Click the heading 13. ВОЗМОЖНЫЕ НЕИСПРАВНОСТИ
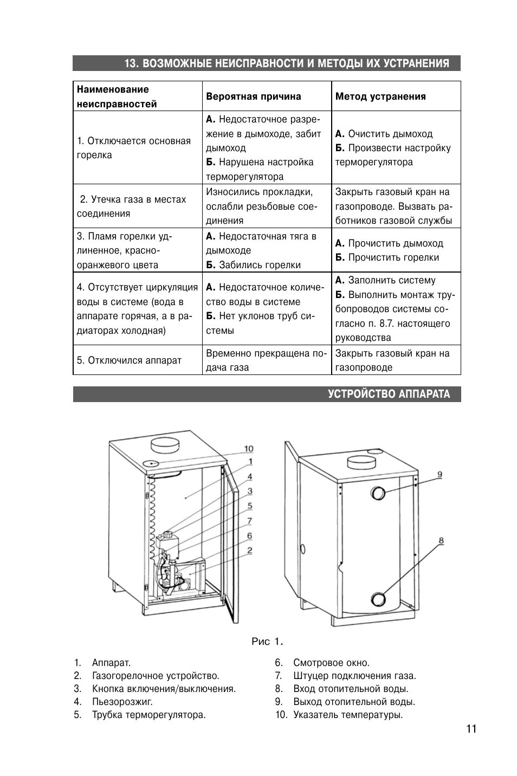tap(287, 63)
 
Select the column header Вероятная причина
tap(253, 96)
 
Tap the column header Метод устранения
tap(380, 96)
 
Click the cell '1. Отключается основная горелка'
tap(134, 148)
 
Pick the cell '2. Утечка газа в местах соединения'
tap(131, 206)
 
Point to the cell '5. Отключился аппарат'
tap(129, 360)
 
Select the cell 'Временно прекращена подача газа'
tap(266, 360)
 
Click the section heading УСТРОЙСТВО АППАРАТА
tap(389, 394)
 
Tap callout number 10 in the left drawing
tap(248, 449)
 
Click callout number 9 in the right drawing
tap(440, 475)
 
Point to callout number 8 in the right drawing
tap(441, 540)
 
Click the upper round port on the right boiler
tap(378, 493)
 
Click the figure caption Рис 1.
tap(268, 642)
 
